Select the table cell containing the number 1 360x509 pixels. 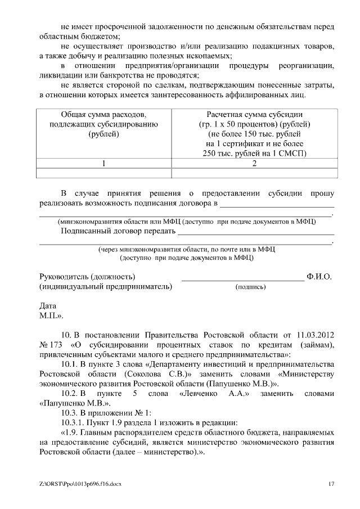104,164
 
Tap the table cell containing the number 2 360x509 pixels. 255,164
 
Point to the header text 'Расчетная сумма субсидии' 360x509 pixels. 255,114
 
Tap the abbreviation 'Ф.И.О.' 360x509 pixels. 319,277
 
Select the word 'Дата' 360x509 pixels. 48,307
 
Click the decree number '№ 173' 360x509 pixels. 50,344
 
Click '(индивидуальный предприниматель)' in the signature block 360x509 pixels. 105,287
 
